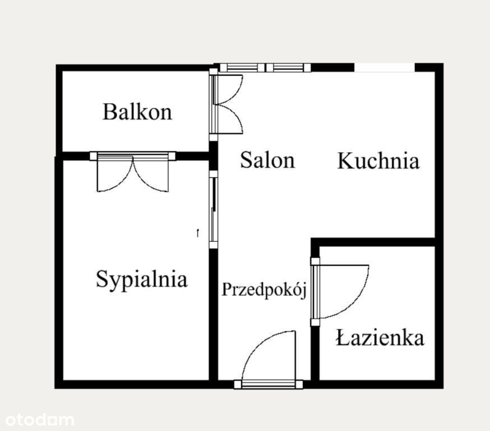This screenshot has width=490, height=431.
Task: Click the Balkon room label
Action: (x=137, y=112)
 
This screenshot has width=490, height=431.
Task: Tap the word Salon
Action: (x=267, y=160)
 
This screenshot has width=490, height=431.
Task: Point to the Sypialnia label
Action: (x=142, y=279)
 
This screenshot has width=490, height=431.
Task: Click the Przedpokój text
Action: (x=264, y=290)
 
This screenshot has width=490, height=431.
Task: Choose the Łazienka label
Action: (x=380, y=337)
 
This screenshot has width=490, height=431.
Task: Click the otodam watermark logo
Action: (x=40, y=420)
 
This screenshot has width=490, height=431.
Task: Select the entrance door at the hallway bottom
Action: (x=269, y=360)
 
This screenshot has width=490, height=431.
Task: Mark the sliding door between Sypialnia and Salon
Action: (x=213, y=209)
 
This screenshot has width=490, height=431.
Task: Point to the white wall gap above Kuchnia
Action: (x=385, y=67)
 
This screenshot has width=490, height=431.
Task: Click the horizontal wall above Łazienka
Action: (x=373, y=242)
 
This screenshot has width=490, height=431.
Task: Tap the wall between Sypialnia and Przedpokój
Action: (x=213, y=314)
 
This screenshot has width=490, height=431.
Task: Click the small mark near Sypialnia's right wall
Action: (x=197, y=233)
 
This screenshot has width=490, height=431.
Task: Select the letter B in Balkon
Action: (x=109, y=112)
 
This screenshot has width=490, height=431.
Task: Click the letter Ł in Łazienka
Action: (x=343, y=337)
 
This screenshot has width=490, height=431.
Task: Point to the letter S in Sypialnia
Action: (x=101, y=278)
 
